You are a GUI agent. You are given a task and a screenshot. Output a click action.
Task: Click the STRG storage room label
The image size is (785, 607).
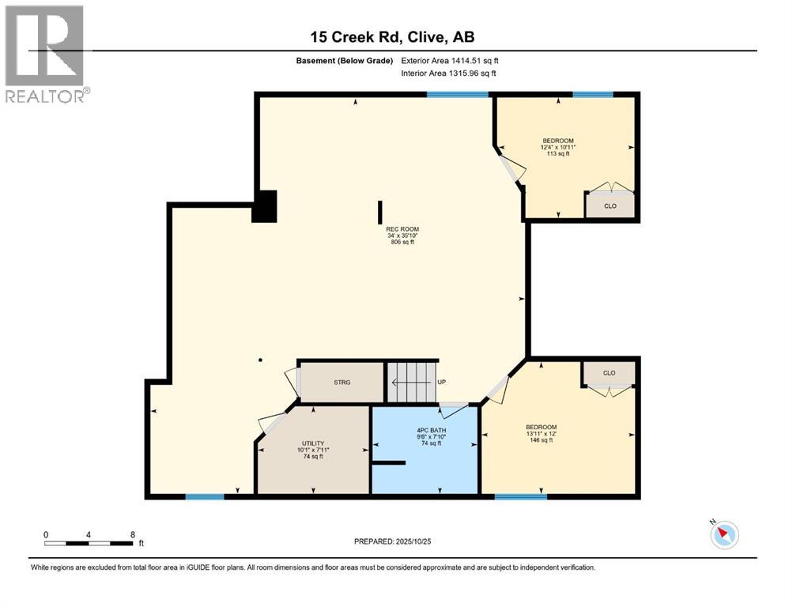(341, 382)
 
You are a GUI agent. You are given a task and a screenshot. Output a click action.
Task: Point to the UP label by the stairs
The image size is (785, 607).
(442, 382)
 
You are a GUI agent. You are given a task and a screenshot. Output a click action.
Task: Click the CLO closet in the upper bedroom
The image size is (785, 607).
(610, 205)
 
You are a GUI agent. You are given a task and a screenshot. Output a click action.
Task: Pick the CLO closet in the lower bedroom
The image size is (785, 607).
(609, 372)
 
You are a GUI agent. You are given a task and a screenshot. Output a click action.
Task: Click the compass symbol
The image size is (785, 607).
(723, 534)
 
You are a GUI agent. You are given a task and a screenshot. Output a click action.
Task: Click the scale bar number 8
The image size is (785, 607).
(132, 534)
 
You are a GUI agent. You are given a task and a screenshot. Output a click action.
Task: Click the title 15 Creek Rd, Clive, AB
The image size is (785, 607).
(392, 36)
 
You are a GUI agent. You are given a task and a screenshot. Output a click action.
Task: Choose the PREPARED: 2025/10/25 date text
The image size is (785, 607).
(392, 541)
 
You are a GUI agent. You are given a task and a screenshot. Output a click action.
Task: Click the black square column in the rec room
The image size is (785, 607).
(265, 207)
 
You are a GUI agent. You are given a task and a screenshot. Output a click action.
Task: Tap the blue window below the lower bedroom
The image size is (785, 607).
(520, 496)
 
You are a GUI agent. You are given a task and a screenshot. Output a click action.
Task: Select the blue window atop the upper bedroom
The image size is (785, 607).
(592, 95)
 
